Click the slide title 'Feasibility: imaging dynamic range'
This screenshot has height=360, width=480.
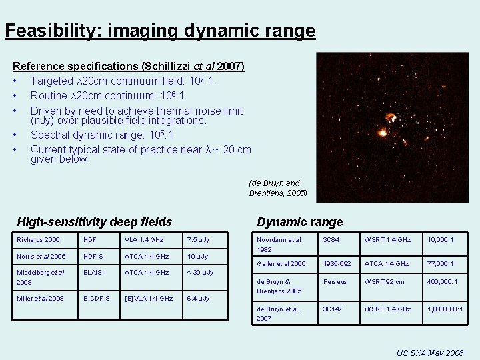tap(160, 31)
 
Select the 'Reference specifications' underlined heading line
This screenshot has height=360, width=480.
tap(129, 67)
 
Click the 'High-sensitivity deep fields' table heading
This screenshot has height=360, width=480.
tap(94, 222)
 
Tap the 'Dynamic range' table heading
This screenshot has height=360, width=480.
tap(299, 222)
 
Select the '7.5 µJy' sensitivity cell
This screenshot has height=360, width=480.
tap(198, 240)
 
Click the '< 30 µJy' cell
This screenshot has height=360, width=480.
tap(201, 272)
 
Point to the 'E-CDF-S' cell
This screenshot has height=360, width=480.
tap(96, 299)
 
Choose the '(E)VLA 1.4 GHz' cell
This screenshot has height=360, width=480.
tap(149, 299)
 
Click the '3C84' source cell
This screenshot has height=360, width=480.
tap(331, 240)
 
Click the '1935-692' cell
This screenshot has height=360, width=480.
tap(337, 264)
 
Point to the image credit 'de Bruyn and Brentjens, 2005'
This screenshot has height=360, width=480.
tap(278, 188)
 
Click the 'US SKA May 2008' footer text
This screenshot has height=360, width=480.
tap(429, 351)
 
